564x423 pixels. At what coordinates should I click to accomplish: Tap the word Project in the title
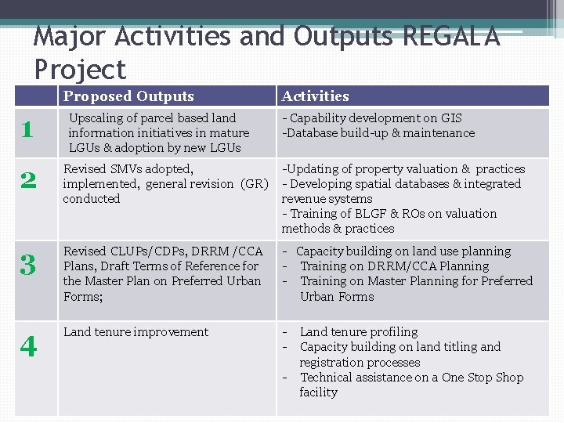point(80,70)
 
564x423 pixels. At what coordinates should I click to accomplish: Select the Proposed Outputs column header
point(128,96)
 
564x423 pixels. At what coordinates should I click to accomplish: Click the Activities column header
point(316,96)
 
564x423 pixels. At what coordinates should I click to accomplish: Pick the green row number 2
point(27,182)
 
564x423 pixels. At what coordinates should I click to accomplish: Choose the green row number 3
point(27,266)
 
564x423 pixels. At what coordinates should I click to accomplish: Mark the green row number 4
point(28,345)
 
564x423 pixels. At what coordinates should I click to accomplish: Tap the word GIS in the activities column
point(452,118)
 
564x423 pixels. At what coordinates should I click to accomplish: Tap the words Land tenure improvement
point(136,332)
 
